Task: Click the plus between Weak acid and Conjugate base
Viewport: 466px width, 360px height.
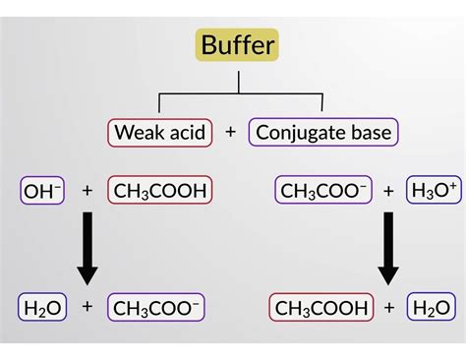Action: [230, 131]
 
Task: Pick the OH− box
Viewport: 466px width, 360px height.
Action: [41, 190]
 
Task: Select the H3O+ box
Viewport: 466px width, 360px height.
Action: [434, 190]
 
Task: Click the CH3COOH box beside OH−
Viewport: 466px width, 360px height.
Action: [160, 190]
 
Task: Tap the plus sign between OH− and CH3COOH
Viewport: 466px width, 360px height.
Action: [87, 190]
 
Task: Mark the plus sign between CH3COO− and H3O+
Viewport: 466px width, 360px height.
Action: [387, 190]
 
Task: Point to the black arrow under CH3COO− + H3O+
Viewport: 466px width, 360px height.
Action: [388, 250]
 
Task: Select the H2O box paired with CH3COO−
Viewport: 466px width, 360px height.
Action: [40, 308]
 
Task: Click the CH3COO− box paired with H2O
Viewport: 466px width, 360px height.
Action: [157, 308]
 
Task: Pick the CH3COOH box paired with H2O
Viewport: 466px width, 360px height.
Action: [321, 308]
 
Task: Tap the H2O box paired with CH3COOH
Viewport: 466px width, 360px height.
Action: [434, 308]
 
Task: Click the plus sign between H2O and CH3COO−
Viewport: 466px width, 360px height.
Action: [87, 308]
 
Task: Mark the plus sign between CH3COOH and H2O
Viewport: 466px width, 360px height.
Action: [389, 308]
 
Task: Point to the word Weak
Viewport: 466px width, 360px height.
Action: [137, 131]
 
